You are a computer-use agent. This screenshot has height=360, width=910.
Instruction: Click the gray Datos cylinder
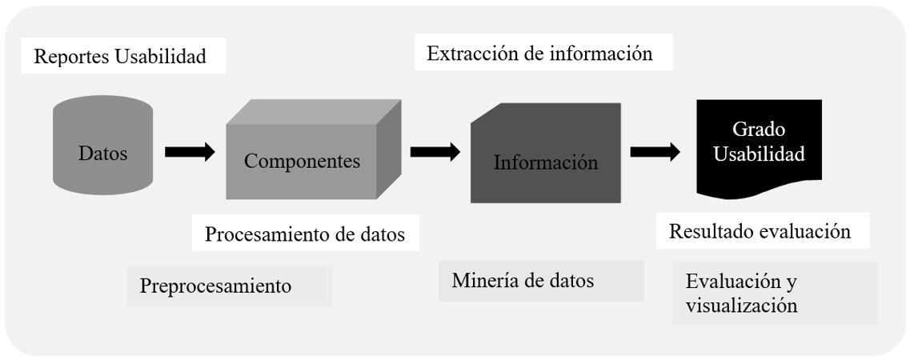(102, 146)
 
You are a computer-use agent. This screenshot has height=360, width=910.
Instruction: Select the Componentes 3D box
(313, 150)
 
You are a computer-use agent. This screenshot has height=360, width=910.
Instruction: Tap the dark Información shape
(546, 153)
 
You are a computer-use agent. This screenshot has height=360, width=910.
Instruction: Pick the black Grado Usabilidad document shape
(759, 149)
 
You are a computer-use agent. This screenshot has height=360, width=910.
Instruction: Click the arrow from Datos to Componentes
(190, 152)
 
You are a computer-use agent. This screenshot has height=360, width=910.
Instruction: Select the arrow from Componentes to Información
(435, 152)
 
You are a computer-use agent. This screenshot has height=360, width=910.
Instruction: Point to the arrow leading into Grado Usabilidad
(655, 152)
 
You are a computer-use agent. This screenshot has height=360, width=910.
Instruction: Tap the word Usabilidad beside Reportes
(161, 56)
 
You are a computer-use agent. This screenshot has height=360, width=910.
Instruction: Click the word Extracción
(472, 54)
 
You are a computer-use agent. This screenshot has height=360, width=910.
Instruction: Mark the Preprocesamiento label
(215, 286)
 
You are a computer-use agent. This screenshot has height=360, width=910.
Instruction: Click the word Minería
(481, 281)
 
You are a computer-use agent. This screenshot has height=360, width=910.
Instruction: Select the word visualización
(741, 305)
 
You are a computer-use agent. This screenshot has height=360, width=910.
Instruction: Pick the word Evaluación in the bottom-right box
(733, 282)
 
